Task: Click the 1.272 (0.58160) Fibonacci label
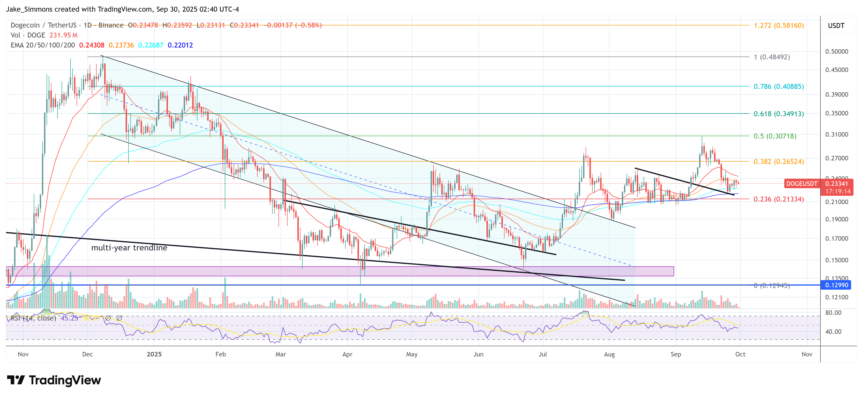click(x=778, y=25)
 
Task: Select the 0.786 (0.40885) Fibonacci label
click(x=778, y=86)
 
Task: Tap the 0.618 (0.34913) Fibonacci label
click(x=778, y=114)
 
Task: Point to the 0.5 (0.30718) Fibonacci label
click(x=775, y=136)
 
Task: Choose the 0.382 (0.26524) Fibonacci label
click(x=778, y=162)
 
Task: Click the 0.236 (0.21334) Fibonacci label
click(x=778, y=199)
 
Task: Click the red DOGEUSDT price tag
click(x=801, y=184)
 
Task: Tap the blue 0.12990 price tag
click(x=836, y=285)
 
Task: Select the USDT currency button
click(x=836, y=26)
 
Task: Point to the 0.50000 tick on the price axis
click(x=836, y=52)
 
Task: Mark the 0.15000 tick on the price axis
click(x=836, y=260)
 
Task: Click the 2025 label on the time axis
click(x=154, y=354)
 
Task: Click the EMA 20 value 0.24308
click(x=91, y=45)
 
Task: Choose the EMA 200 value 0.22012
click(x=180, y=45)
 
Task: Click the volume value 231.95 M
click(x=63, y=35)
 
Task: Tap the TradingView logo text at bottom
click(x=65, y=380)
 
